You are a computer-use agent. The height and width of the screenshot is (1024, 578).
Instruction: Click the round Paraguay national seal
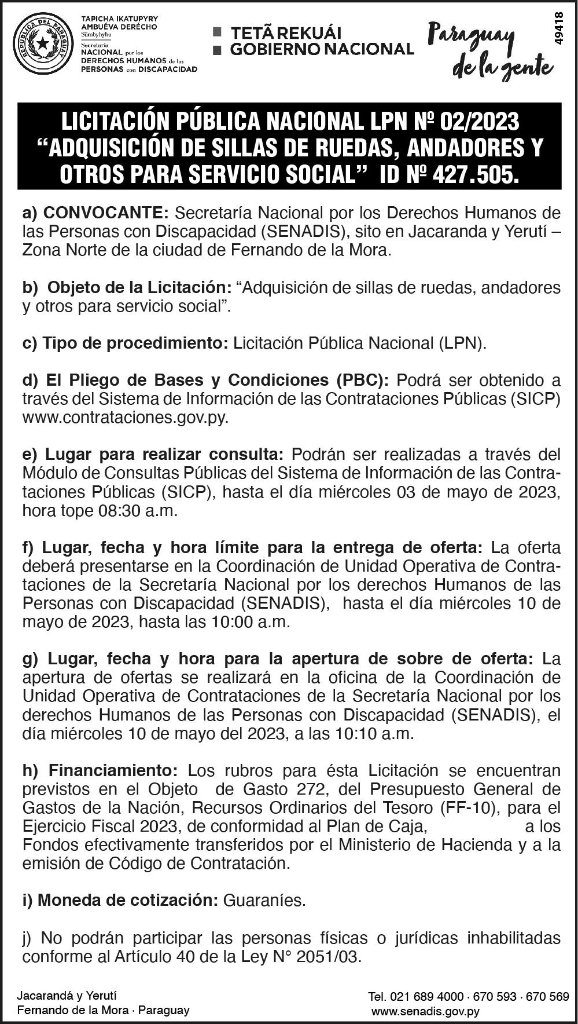point(43,44)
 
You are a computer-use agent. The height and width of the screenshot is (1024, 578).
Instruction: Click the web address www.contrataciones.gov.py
point(125,417)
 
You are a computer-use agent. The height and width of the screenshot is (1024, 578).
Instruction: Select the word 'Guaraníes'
point(264,900)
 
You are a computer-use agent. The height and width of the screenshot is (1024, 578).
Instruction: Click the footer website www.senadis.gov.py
point(425,1011)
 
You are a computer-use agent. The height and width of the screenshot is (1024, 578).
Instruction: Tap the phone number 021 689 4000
point(426,997)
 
